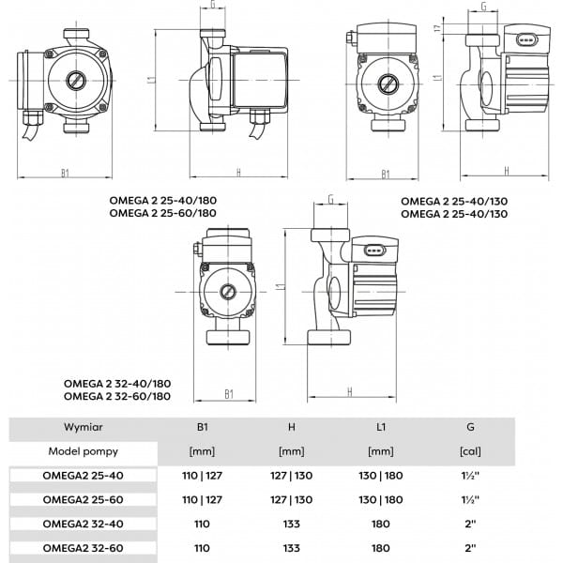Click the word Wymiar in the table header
coord(84,427)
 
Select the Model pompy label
coord(84,450)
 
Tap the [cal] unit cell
coord(470,451)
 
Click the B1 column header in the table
coord(202,427)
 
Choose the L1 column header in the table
coord(381,427)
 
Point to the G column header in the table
coord(470,427)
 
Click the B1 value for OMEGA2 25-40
coord(202,475)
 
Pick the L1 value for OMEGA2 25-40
coord(381,475)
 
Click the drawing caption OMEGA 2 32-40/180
coord(116,383)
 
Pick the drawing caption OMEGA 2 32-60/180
coord(116,396)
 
